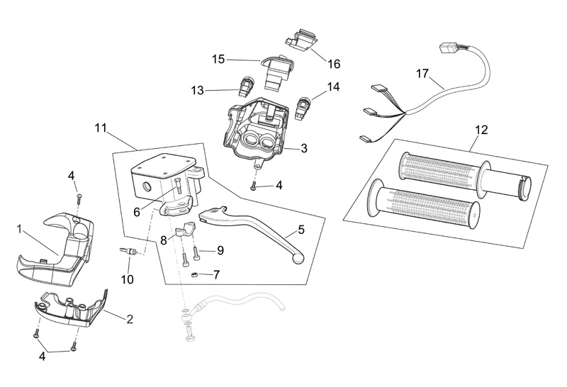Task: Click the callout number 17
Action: [422, 74]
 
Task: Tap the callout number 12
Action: [481, 130]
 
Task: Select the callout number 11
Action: [100, 128]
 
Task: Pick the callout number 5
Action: [301, 229]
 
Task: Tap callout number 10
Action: [127, 279]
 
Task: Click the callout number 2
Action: [130, 320]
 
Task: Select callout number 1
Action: [19, 229]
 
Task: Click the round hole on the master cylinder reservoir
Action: [147, 186]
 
